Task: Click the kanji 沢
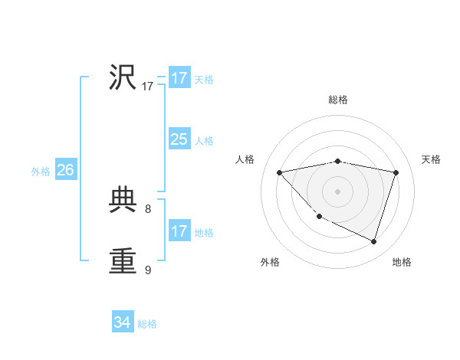tap(123, 77)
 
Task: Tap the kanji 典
tap(123, 201)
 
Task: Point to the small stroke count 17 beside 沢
tap(148, 87)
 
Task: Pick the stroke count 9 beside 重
tap(148, 270)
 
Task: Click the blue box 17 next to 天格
tap(179, 78)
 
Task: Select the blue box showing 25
tap(179, 139)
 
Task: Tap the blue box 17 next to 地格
tap(179, 231)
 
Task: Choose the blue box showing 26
tap(65, 170)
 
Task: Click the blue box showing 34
tap(122, 322)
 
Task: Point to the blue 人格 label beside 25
tap(204, 141)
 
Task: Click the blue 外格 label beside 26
tap(41, 172)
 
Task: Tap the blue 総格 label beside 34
tap(147, 324)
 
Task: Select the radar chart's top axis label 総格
tap(338, 100)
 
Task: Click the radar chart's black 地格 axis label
tap(402, 262)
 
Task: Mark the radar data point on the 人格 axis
tap(280, 172)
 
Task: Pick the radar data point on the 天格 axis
tap(396, 172)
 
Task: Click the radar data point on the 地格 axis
tap(374, 241)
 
